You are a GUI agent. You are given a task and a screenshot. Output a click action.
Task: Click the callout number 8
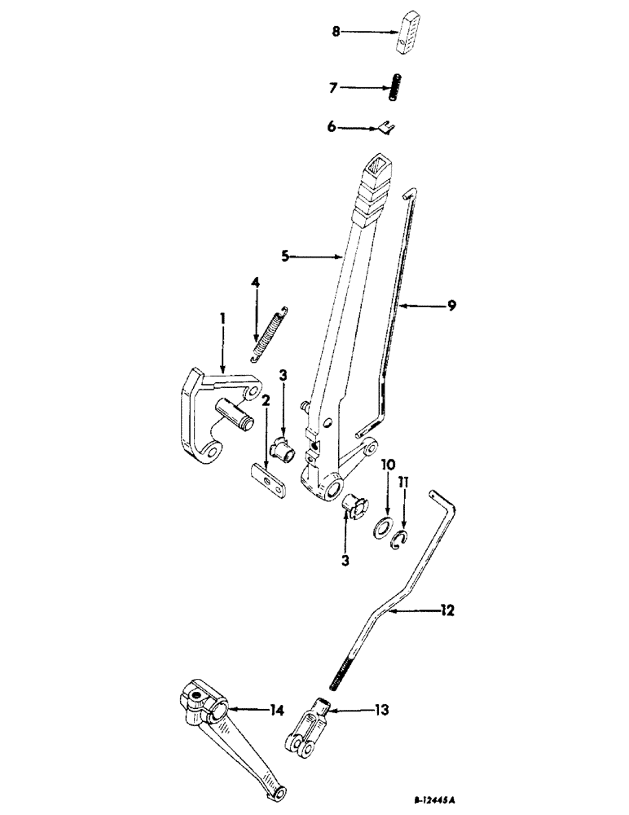pyautogui.click(x=335, y=32)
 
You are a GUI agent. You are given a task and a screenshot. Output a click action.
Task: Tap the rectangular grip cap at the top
pyautogui.click(x=411, y=37)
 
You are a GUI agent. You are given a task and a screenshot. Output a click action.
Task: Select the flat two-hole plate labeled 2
pyautogui.click(x=266, y=479)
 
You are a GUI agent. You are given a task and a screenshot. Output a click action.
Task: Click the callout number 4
pyautogui.click(x=255, y=282)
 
